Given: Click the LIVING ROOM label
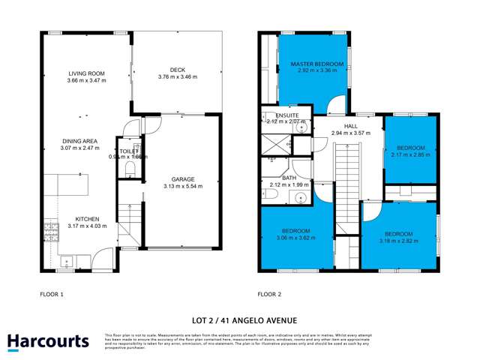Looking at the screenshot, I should (85, 73).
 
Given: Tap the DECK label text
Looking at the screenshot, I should (177, 70).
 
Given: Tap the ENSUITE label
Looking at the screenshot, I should (286, 115).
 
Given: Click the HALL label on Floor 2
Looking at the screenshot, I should (351, 127).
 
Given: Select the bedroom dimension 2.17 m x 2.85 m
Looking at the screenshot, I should (411, 155).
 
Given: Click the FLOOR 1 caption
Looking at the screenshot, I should (53, 295).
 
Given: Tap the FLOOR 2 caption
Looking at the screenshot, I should (269, 295).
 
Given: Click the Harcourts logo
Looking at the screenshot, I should (49, 341).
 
